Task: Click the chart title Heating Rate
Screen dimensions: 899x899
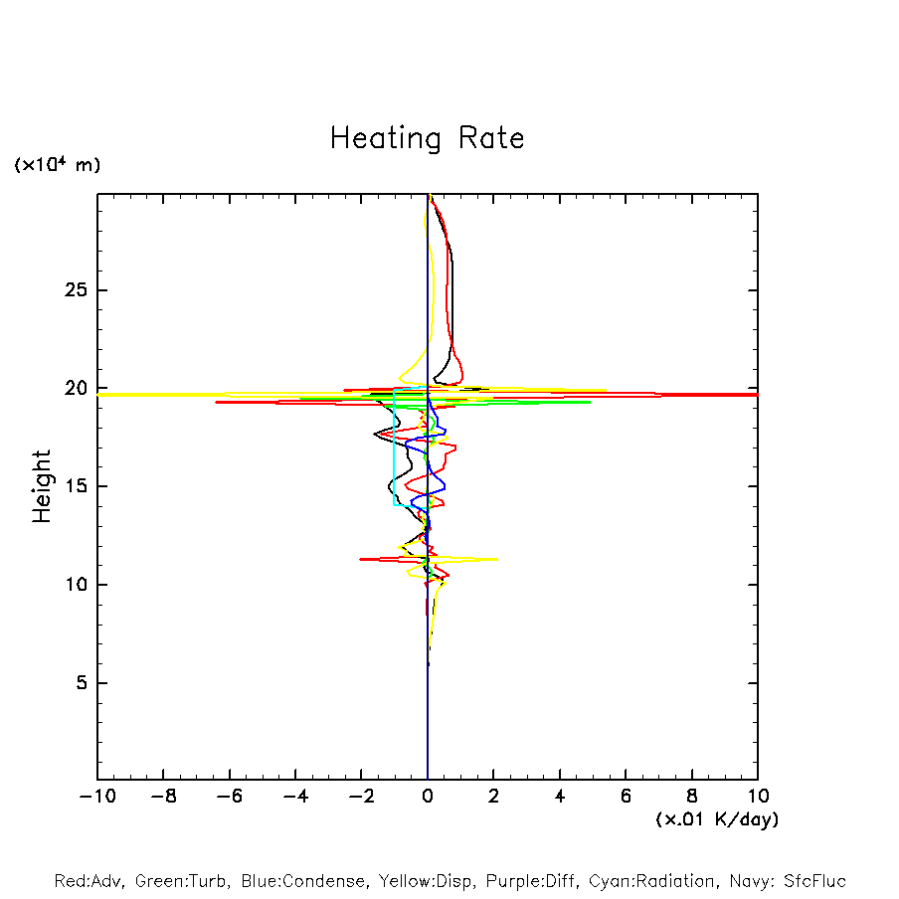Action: pos(427,137)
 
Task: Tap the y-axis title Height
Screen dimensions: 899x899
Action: pos(42,486)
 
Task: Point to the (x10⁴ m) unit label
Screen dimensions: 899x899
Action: pos(57,164)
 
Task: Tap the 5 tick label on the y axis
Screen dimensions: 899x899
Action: pos(83,683)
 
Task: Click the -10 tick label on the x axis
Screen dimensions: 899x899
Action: pos(96,796)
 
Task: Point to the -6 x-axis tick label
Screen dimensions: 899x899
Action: pos(229,796)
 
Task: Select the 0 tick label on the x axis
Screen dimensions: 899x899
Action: pos(428,796)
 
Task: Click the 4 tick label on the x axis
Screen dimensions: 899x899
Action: pos(560,796)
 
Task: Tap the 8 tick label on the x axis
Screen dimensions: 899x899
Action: pos(692,796)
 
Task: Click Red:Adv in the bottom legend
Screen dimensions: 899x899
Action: pos(88,881)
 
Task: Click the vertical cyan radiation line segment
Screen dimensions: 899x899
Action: pos(395,448)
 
